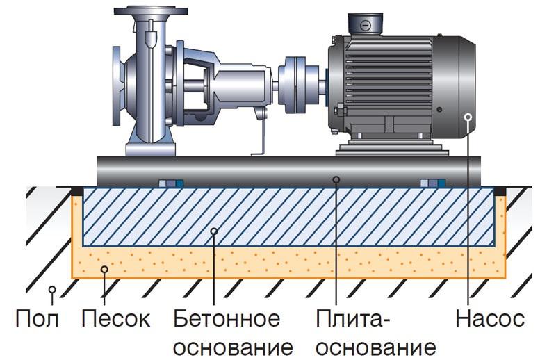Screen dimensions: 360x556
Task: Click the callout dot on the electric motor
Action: point(469,116)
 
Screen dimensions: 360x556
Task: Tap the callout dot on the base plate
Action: point(336,179)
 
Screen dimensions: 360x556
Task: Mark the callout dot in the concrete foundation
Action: point(214,231)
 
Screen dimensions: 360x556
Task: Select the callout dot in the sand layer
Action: point(104,269)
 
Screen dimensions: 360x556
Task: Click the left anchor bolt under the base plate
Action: point(170,184)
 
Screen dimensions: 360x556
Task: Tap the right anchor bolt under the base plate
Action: point(432,184)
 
